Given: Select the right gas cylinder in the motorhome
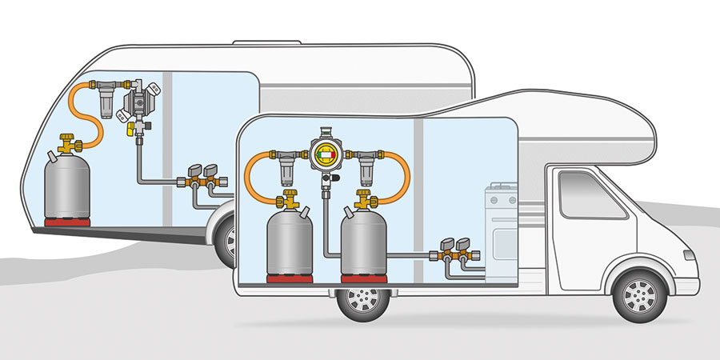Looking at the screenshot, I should coord(364,240).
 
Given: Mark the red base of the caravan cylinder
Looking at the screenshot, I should coord(64,221).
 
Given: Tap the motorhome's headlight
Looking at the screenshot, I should coord(688,256).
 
